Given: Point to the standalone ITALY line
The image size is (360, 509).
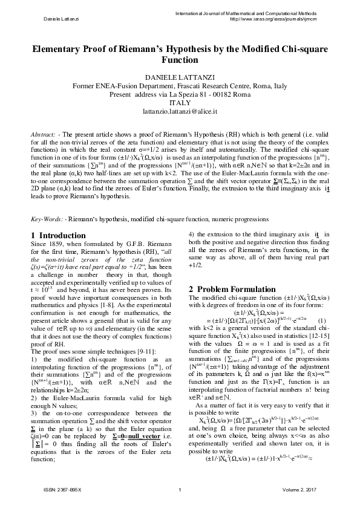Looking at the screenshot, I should (179, 103).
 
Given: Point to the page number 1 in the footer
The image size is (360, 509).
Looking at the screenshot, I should (180, 488).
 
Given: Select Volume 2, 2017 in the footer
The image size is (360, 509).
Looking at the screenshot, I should (307, 488).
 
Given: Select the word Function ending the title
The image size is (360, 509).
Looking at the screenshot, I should (180, 61).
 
